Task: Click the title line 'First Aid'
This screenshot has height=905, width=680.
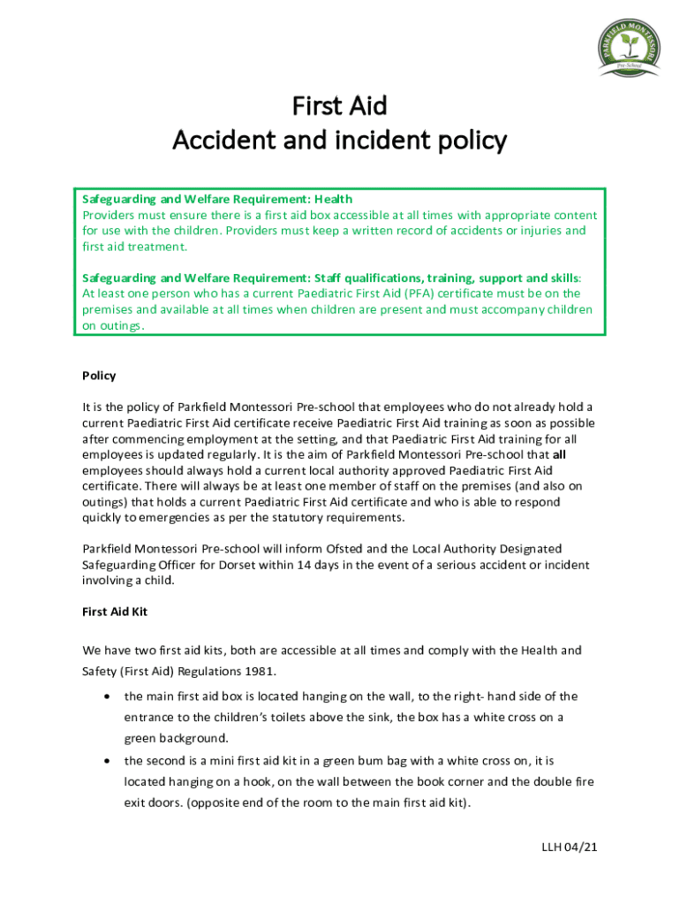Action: [x=339, y=107]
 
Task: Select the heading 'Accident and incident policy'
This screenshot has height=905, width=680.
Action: [x=339, y=141]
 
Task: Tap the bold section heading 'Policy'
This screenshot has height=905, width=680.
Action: [x=99, y=376]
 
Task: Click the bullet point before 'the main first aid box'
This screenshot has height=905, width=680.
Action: [x=107, y=696]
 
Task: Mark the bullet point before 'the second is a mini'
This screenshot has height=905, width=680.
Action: [x=107, y=760]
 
